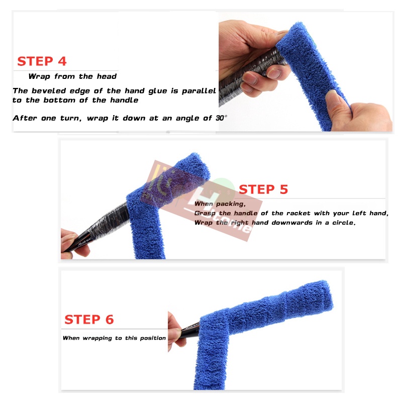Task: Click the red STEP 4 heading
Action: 42,61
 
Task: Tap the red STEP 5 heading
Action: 263,189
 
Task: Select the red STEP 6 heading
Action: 89,320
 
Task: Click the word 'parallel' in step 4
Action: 199,91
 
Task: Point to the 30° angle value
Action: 221,118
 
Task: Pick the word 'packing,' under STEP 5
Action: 231,204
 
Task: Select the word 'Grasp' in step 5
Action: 205,213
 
